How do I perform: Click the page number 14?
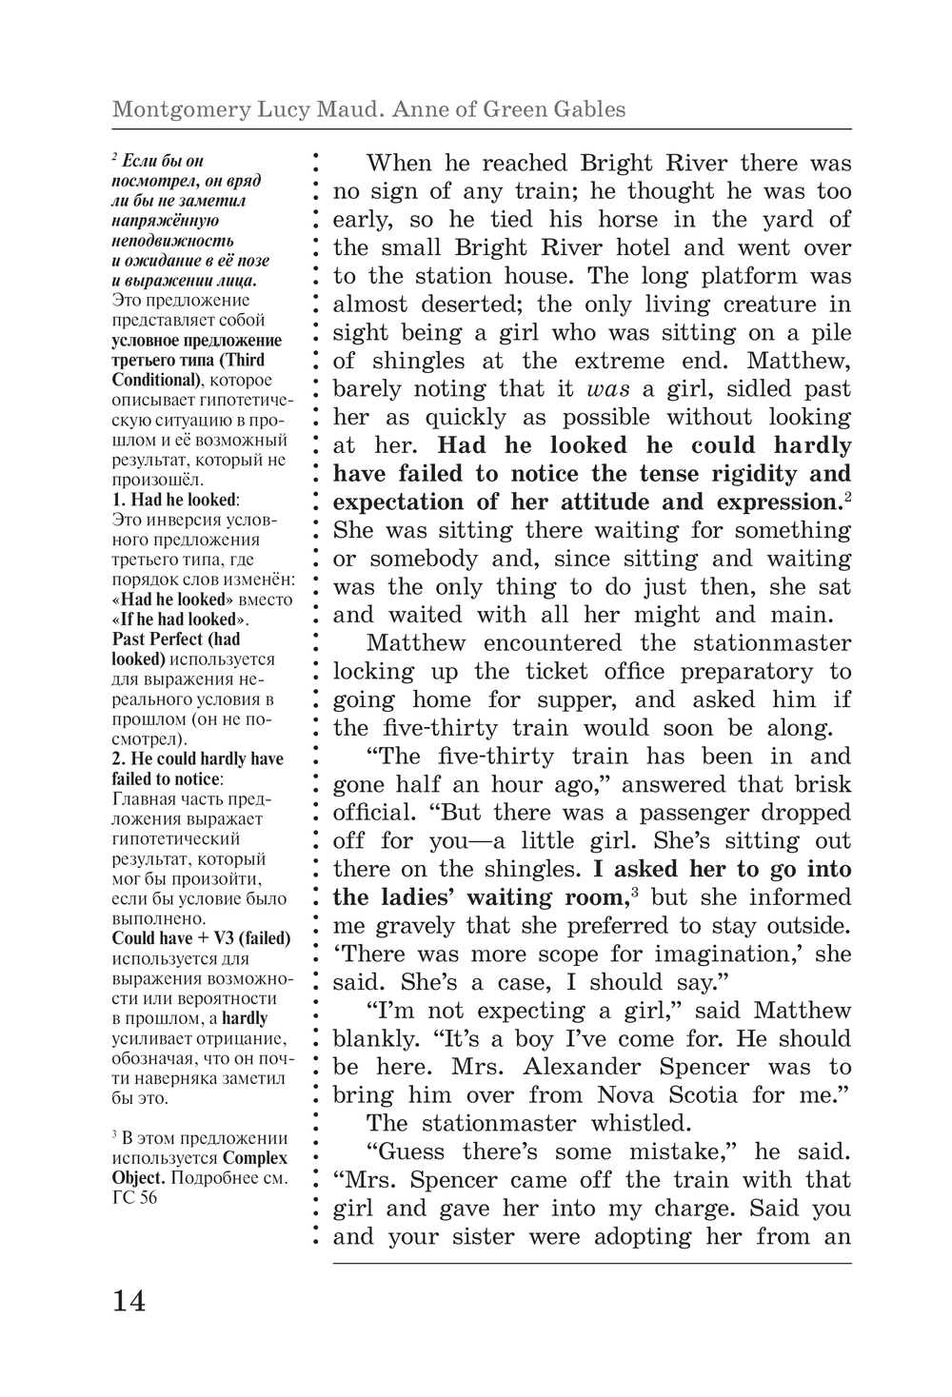pyautogui.click(x=129, y=1300)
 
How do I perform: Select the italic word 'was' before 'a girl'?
pyautogui.click(x=608, y=389)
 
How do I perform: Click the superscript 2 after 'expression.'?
pyautogui.click(x=846, y=496)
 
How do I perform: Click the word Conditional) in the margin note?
pyautogui.click(x=154, y=380)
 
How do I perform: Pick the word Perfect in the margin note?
pyautogui.click(x=183, y=639)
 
